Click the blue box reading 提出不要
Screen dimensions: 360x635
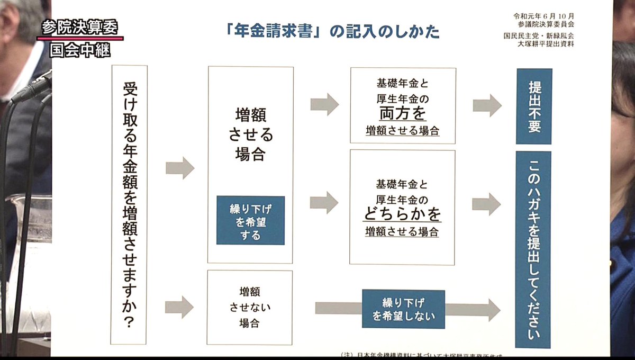click(x=533, y=106)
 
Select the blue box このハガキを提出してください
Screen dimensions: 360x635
click(x=533, y=249)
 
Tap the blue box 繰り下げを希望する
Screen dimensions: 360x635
click(x=250, y=220)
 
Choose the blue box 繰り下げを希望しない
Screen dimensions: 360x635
click(x=403, y=309)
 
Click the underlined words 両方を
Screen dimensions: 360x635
click(x=402, y=113)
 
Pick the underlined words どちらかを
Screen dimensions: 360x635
click(x=402, y=214)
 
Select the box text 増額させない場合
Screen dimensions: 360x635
click(x=250, y=307)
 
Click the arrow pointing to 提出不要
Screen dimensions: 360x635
click(x=487, y=105)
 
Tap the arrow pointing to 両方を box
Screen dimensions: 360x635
click(x=324, y=104)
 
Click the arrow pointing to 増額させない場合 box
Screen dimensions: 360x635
click(x=179, y=307)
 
